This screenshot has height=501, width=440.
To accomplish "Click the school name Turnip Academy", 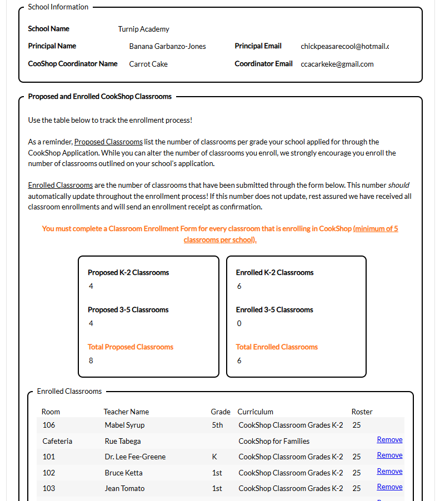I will pyautogui.click(x=143, y=29).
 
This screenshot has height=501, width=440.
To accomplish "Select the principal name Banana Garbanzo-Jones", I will pyautogui.click(x=167, y=46).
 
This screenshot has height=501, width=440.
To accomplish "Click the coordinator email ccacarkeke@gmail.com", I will pyautogui.click(x=337, y=64).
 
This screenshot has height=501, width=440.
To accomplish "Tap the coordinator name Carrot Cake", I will pyautogui.click(x=148, y=64).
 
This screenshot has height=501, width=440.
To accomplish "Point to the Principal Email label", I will pyautogui.click(x=258, y=46).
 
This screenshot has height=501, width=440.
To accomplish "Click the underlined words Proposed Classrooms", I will pyautogui.click(x=108, y=142).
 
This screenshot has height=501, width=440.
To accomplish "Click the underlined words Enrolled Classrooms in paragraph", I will pyautogui.click(x=60, y=185).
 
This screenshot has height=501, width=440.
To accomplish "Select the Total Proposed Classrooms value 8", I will pyautogui.click(x=91, y=360).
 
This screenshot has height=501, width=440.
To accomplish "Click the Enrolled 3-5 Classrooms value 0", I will pyautogui.click(x=239, y=323).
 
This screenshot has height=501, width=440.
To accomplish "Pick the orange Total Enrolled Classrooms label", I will pyautogui.click(x=277, y=347).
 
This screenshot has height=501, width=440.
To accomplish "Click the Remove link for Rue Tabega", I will pyautogui.click(x=389, y=439).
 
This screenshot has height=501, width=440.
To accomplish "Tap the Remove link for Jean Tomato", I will pyautogui.click(x=389, y=487).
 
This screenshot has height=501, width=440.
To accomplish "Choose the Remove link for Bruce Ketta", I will pyautogui.click(x=389, y=471).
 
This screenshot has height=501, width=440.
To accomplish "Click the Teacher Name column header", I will pyautogui.click(x=126, y=412).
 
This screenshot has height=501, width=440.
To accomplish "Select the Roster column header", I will pyautogui.click(x=362, y=412).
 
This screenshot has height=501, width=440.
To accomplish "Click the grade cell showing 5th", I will pyautogui.click(x=217, y=425).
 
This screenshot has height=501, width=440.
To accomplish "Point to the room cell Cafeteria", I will pyautogui.click(x=57, y=441).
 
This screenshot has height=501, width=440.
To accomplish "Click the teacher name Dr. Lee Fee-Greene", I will pyautogui.click(x=135, y=457).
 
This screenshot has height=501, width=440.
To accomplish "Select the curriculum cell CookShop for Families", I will pyautogui.click(x=274, y=441).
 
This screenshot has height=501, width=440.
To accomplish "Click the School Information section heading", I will pyautogui.click(x=58, y=7).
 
